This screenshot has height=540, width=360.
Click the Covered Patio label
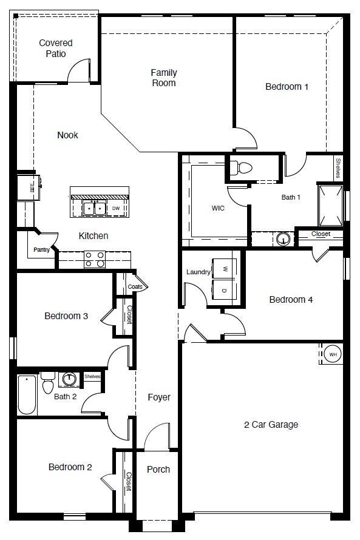56,48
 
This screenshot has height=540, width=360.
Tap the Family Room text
164,78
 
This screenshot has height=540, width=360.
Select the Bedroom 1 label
287,87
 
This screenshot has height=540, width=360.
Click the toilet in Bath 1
243,167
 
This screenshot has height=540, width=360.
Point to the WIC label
219,208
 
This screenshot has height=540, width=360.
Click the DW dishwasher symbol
116,208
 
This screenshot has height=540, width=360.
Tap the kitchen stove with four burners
95,259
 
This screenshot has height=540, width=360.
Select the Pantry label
42,249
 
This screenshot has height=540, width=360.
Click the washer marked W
225,268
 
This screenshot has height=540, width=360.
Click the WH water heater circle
333,354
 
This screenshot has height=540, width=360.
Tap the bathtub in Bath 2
27,395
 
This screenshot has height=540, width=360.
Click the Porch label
158,469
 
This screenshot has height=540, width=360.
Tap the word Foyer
159,397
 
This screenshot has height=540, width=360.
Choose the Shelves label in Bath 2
92,377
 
